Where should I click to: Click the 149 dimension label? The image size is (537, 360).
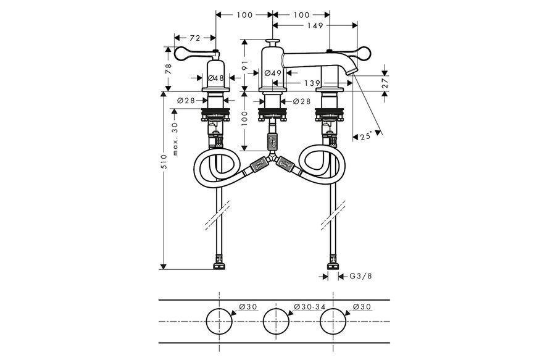tap(315, 25)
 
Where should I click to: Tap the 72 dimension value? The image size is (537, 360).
tap(195, 38)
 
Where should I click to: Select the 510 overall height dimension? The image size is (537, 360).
tap(164, 161)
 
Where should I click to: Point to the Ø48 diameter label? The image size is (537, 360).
tap(216, 78)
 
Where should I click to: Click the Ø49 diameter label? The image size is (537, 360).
tap(273, 73)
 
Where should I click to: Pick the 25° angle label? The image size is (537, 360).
tap(366, 136)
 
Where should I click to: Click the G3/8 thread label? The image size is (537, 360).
tap(360, 276)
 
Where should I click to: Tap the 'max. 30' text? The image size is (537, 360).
tap(175, 140)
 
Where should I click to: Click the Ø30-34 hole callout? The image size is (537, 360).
tap(310, 307)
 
